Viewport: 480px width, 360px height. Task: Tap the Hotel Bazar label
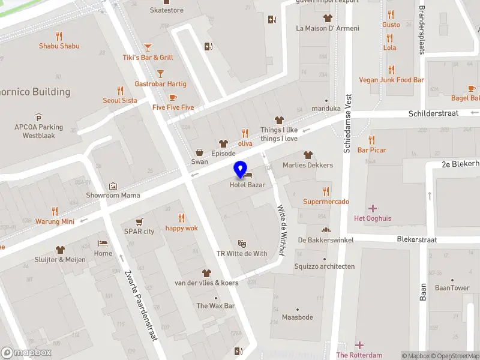click(x=247, y=185)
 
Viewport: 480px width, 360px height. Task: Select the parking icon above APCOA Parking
click(x=39, y=117)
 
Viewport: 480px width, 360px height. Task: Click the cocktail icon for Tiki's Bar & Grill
click(x=148, y=47)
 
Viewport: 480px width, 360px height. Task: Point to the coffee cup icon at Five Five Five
click(x=173, y=97)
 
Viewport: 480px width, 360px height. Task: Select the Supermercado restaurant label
click(x=326, y=202)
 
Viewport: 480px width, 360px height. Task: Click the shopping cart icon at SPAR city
click(x=139, y=221)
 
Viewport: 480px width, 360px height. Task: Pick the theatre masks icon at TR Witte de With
click(x=242, y=243)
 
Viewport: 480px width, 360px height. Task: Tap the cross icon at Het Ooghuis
click(x=373, y=208)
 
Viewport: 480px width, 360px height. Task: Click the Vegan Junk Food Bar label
click(x=391, y=80)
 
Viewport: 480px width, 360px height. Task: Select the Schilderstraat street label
click(x=433, y=113)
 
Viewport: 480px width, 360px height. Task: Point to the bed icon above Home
click(x=103, y=244)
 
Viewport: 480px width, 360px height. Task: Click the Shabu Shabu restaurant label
click(x=59, y=46)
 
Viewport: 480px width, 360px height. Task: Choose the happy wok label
click(x=181, y=228)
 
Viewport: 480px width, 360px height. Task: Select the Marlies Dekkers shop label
click(x=308, y=165)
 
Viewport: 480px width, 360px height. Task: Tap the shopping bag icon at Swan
click(x=199, y=152)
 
